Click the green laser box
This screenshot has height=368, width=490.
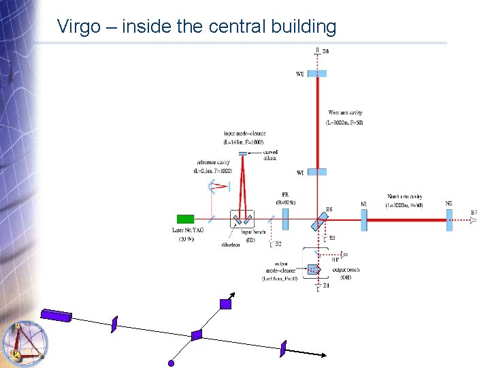pos(185,219)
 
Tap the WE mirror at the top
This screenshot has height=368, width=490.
pos(317,73)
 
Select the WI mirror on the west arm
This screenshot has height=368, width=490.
pos(317,172)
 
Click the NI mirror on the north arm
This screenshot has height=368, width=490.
pos(364,219)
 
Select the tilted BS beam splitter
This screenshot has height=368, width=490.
pos(318,220)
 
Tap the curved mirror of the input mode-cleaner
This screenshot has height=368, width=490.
pos(244,153)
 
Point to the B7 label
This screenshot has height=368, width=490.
pos(474,213)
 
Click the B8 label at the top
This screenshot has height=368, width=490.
pos(326,52)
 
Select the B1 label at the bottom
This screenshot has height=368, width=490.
pos(326,286)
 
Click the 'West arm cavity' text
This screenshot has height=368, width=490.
pos(345,112)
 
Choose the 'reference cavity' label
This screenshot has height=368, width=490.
pos(212,162)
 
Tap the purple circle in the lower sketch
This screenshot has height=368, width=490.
pos(171,363)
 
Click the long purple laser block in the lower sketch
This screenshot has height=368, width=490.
pos(56,314)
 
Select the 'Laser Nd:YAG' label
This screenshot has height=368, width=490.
pos(188,230)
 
